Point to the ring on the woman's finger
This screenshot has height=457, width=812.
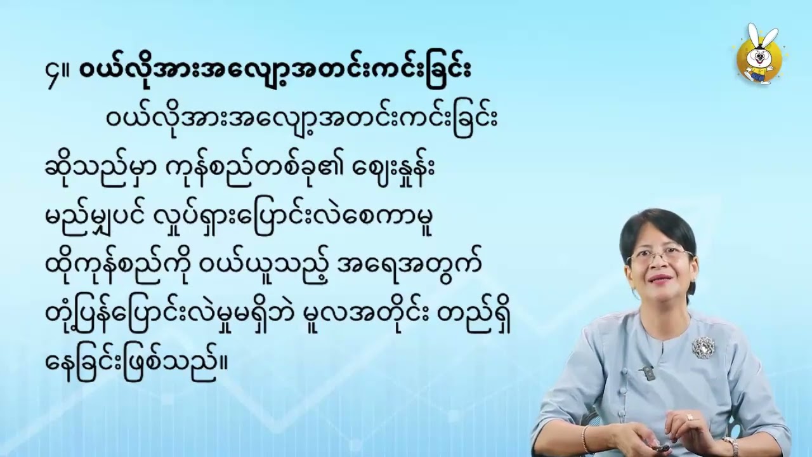[689, 417]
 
